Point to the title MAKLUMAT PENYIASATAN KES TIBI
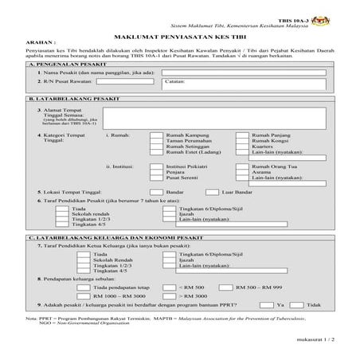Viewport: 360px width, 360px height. (x=180, y=36)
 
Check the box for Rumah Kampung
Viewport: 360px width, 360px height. (x=156, y=136)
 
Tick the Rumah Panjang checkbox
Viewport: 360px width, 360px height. (x=242, y=136)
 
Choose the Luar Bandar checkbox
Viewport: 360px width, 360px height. (x=212, y=192)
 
